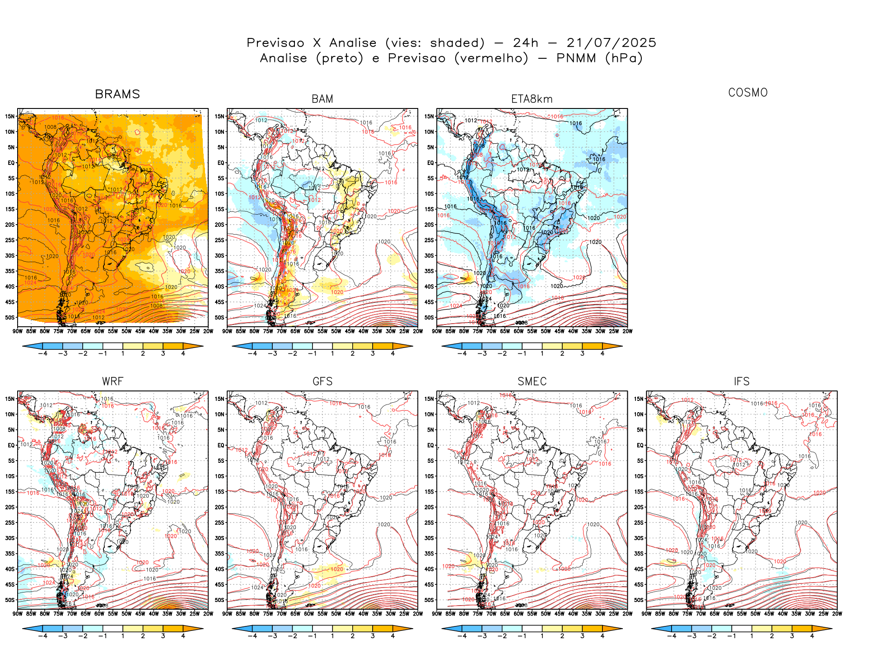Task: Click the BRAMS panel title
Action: click(117, 94)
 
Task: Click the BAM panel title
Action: click(322, 99)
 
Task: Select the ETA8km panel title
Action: click(532, 99)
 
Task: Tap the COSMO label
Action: click(748, 93)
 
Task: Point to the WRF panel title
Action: click(112, 381)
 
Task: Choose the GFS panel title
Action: click(322, 381)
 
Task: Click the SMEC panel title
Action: click(532, 381)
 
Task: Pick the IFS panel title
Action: click(742, 381)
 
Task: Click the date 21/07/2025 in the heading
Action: click(611, 43)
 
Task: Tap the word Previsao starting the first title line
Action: click(275, 43)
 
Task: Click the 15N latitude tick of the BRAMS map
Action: click(10, 116)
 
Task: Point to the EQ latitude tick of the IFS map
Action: click(640, 445)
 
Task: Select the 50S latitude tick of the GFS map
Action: click(219, 600)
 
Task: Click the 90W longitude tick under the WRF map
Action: click(18, 614)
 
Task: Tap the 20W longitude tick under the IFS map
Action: click(837, 614)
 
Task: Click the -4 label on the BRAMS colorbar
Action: click(42, 353)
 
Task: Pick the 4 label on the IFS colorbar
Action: click(812, 636)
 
